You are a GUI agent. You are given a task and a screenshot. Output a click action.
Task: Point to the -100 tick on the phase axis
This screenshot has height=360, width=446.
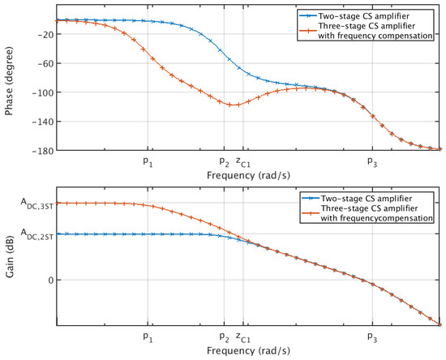pos(41,92)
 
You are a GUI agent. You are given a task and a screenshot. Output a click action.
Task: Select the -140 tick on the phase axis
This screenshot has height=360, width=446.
pos(41,121)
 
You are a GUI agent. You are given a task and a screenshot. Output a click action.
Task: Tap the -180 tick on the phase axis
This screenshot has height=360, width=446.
pos(41,150)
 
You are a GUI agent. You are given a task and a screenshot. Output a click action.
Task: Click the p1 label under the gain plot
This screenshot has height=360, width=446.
pos(147,336)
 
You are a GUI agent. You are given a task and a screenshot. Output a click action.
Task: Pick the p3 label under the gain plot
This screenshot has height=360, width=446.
pos(371,336)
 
